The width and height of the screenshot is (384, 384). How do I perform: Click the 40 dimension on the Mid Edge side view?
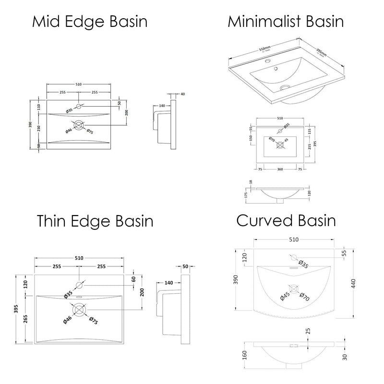coord(183,94)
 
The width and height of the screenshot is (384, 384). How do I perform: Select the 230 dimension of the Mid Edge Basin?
coord(39,126)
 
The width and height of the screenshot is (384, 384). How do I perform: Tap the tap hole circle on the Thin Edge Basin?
coord(79,286)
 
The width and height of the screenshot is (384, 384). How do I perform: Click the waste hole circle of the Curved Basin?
coord(293,289)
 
